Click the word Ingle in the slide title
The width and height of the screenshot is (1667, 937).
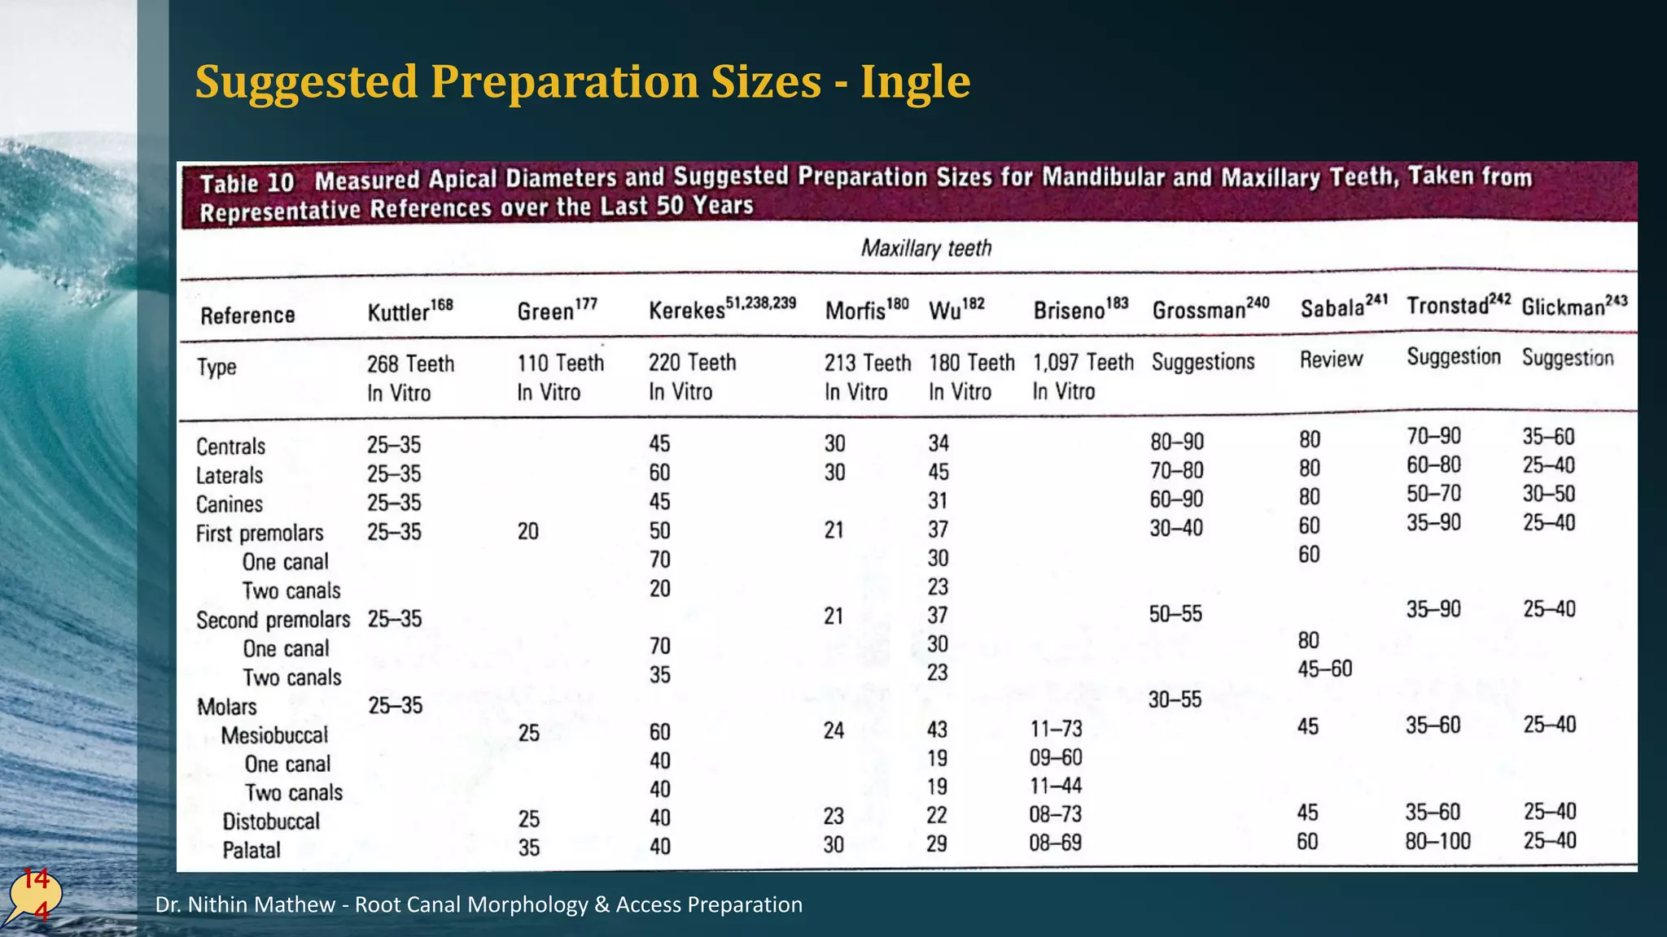[915, 82]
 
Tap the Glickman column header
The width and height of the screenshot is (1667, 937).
[1573, 306]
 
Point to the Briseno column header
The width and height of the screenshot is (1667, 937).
[1080, 309]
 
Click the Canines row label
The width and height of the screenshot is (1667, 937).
[230, 504]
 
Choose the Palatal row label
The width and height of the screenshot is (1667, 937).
[252, 850]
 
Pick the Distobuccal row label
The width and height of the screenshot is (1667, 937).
[271, 822]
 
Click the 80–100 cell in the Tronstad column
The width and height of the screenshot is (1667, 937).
[1437, 841]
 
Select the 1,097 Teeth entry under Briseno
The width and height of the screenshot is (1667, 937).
[1083, 362]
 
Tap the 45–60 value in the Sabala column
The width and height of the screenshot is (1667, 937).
[1324, 669]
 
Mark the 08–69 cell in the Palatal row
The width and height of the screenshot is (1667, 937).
[1055, 843]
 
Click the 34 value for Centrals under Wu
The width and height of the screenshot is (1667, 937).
[939, 443]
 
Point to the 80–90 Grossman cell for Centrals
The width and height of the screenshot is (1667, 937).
[1177, 442]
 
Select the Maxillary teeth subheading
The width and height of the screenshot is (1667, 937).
[926, 248]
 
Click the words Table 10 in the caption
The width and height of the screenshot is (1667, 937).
[247, 183]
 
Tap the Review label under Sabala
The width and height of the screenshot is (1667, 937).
[1331, 359]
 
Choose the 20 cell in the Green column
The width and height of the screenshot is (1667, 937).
[527, 531]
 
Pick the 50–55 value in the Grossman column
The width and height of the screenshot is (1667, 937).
[1175, 614]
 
